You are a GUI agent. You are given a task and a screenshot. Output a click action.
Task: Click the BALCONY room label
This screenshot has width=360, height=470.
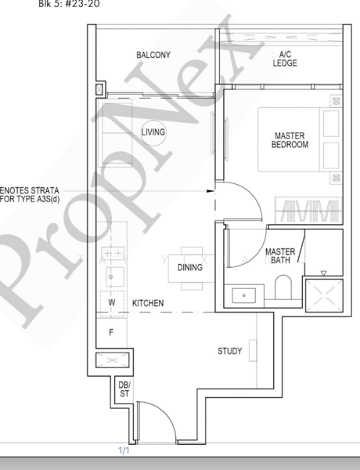(153, 55)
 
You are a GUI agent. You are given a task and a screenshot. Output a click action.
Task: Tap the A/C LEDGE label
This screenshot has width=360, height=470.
(285, 59)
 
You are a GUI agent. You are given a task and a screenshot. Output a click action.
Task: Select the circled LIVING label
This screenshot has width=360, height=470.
(153, 132)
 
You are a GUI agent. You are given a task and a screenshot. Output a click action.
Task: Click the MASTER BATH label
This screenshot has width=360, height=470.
(279, 256)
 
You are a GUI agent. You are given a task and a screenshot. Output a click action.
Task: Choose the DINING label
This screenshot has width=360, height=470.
(190, 268)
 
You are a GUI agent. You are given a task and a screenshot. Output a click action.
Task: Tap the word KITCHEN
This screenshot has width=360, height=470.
(147, 302)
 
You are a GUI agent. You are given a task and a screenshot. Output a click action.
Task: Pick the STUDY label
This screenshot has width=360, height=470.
(229, 351)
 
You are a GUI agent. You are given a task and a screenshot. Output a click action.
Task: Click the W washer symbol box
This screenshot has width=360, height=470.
(111, 302)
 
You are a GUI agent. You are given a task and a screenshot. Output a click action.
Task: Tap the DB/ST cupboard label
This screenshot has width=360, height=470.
(123, 388)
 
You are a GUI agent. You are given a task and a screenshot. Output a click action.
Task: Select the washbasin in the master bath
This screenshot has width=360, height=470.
(244, 296)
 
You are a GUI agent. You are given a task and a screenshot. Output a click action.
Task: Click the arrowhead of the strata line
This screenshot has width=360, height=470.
(211, 190)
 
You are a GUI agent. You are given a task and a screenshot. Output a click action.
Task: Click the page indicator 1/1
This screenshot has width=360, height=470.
(124, 450)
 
